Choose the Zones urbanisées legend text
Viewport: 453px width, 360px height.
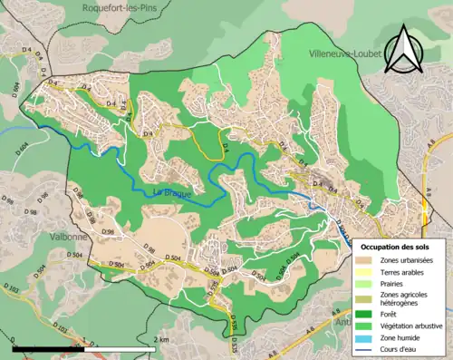pos(409,260)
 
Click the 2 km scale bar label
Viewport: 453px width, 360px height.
pos(160,339)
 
